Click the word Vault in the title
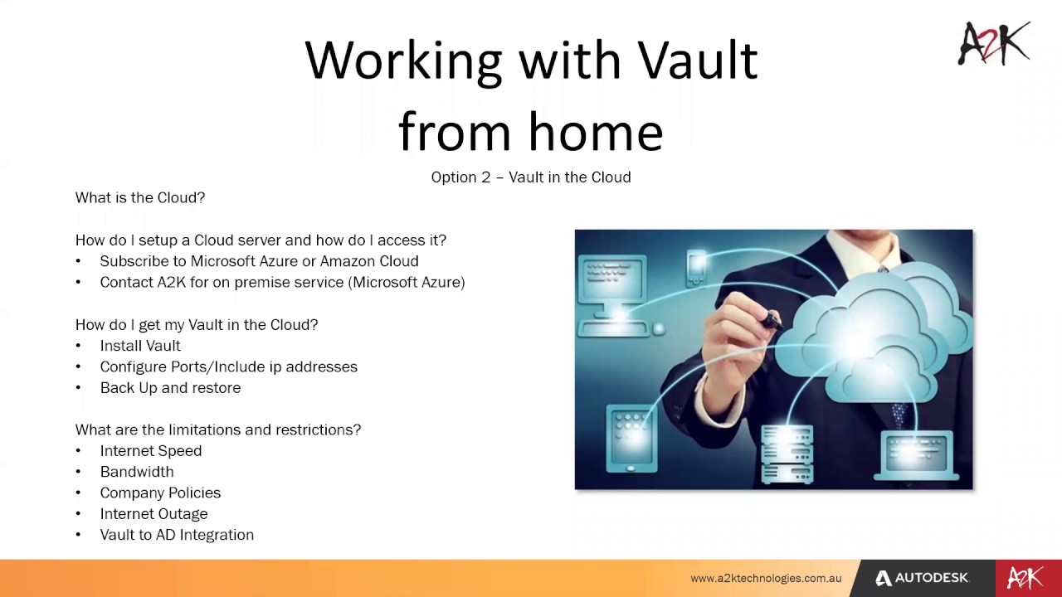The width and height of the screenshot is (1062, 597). (697, 61)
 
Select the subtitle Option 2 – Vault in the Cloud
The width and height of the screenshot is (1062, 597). (531, 177)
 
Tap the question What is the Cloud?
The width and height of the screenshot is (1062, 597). (140, 197)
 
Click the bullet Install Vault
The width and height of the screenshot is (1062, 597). (140, 346)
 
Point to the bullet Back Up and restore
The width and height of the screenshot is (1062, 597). (170, 388)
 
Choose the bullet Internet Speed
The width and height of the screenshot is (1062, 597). (151, 451)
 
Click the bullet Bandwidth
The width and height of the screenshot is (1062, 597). (137, 472)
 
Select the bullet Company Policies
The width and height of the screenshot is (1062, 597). (160, 493)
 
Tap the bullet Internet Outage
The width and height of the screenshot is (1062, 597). (153, 514)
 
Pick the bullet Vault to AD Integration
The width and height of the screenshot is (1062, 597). (177, 535)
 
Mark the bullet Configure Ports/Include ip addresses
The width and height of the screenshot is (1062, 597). (228, 366)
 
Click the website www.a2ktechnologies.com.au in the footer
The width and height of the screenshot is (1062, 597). (766, 579)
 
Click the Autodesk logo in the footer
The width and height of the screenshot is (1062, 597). (921, 578)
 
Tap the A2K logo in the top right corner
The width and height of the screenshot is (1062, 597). (994, 44)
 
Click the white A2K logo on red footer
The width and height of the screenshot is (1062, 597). (1025, 578)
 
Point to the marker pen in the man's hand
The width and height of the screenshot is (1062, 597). (767, 318)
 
